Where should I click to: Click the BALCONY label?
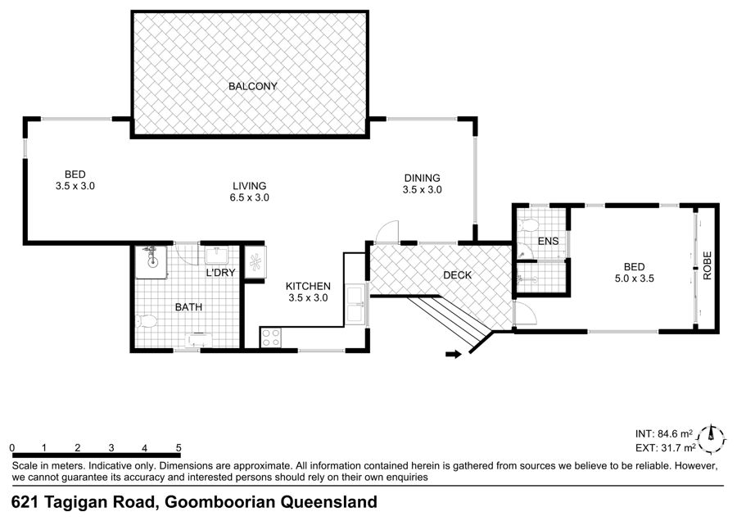(253, 87)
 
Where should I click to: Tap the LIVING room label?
(250, 186)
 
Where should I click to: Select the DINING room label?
(423, 179)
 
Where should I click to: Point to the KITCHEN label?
(309, 287)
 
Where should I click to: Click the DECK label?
(457, 275)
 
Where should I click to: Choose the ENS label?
(549, 241)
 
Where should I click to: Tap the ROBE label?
(708, 265)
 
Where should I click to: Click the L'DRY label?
(221, 273)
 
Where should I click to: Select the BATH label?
(188, 307)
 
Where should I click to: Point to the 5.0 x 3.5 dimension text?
(635, 279)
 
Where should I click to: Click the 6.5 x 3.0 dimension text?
(250, 198)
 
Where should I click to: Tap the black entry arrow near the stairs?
(454, 354)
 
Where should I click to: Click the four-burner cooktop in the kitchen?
(271, 338)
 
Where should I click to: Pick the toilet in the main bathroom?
(147, 322)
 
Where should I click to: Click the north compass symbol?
(712, 440)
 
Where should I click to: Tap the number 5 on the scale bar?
(179, 448)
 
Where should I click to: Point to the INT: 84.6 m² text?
(664, 434)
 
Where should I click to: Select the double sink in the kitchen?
(356, 304)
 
